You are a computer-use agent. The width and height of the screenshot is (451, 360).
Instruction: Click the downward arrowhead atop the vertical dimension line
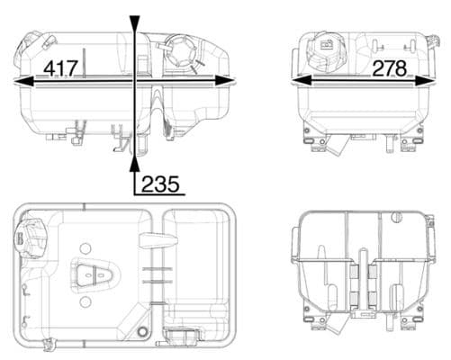click(x=134, y=22)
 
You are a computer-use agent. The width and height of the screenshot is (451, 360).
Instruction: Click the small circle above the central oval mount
click(x=84, y=248)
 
